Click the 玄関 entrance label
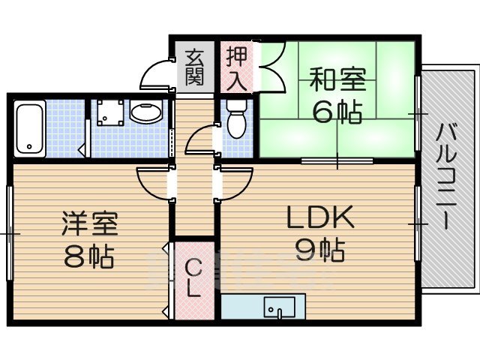195,66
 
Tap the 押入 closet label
237,67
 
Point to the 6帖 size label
336,112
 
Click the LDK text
318,217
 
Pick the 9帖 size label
319,249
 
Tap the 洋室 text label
89,224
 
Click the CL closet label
193,277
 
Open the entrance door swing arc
156,75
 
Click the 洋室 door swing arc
153,184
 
